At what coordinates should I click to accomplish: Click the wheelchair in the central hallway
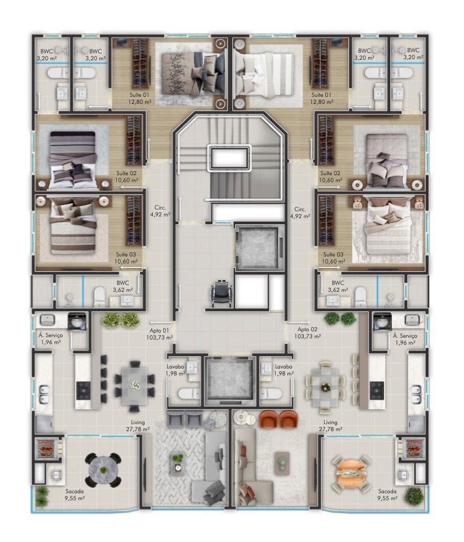pyautogui.click(x=219, y=294)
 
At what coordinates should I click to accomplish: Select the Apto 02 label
pyautogui.click(x=307, y=333)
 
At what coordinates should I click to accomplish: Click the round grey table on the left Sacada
pyautogui.click(x=103, y=470)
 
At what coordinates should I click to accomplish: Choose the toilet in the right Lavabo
pyautogui.click(x=272, y=393)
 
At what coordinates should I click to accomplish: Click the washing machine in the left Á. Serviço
pyautogui.click(x=77, y=322)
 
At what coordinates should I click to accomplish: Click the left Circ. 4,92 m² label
pyautogui.click(x=160, y=211)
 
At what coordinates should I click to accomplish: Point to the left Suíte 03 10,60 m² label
pyautogui.click(x=126, y=258)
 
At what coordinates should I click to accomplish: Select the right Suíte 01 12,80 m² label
pyautogui.click(x=322, y=98)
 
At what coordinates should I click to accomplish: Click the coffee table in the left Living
pyautogui.click(x=178, y=464)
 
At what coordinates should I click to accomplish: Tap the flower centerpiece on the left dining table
pyautogui.click(x=135, y=384)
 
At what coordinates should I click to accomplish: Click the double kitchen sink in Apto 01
pyautogui.click(x=45, y=395)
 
